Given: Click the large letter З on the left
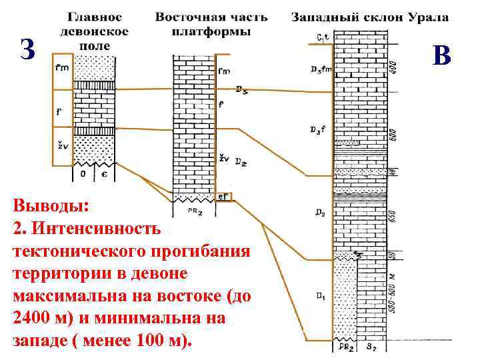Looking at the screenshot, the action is point(26,49).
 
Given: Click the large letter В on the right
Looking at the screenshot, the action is point(441,55).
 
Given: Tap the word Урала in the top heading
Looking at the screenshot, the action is point(430,17).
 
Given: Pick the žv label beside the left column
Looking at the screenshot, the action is point(61,143).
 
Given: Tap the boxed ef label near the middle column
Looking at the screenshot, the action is point(224,197).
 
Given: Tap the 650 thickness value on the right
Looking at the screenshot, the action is point(393,218).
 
